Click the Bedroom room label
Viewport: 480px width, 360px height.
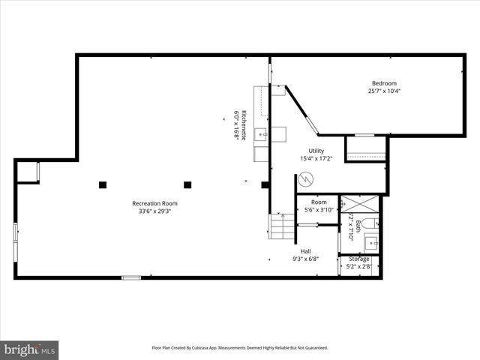[x=383, y=83]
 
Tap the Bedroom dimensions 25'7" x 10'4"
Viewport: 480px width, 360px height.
[x=383, y=91]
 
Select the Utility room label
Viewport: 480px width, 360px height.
[x=316, y=151]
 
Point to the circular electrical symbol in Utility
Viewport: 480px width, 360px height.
[x=305, y=180]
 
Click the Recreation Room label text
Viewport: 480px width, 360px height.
[x=154, y=203]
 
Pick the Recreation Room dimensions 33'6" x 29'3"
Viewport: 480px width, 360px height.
[x=154, y=211]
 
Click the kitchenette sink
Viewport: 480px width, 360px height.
[x=260, y=134]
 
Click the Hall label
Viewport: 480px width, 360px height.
[x=305, y=251]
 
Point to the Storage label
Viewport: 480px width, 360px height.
[x=358, y=259]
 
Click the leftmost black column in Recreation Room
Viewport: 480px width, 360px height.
[x=103, y=184]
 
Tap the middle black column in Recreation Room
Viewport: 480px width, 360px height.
[x=187, y=184]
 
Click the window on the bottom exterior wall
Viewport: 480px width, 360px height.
[x=131, y=277]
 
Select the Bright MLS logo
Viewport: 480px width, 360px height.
[x=30, y=349]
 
